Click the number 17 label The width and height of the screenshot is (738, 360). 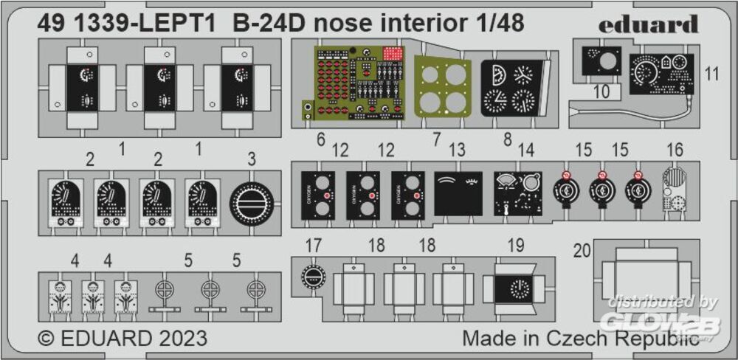[x=314, y=246]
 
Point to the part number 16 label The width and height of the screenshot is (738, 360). [x=675, y=150]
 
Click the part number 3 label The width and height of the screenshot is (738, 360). [x=252, y=159]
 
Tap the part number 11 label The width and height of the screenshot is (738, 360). [x=711, y=73]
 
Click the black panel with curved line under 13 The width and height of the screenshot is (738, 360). [x=458, y=193]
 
